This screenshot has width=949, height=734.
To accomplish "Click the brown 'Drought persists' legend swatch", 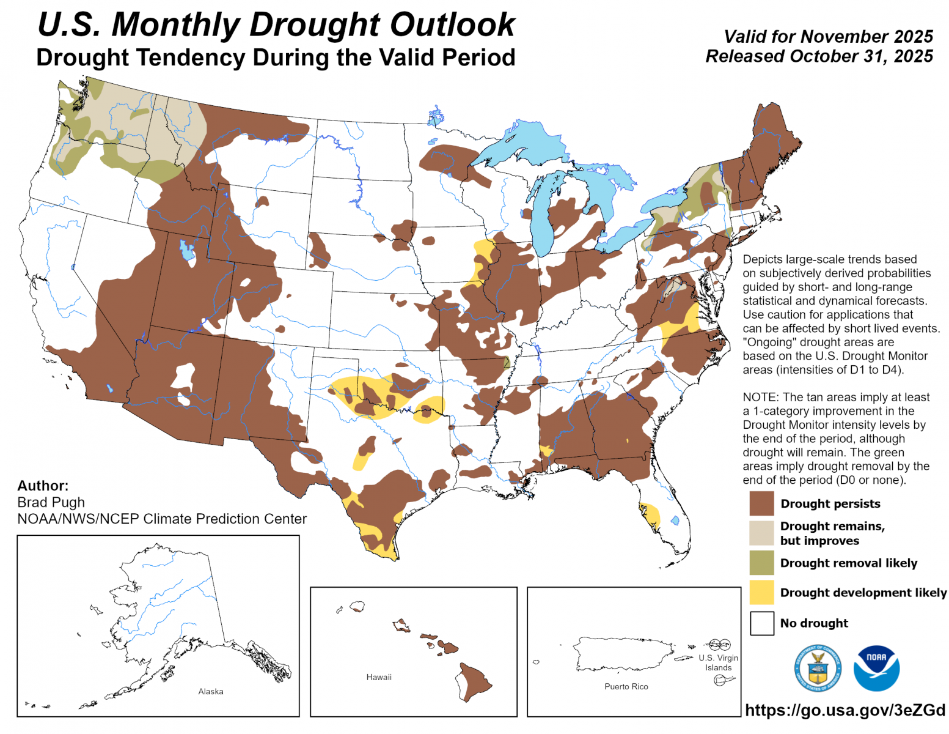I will point(761,503).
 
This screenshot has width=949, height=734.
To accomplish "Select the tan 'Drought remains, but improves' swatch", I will point(761,533).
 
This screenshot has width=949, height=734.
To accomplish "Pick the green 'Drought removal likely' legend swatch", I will point(761,563).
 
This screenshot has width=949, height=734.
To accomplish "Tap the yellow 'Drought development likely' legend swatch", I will point(761,592).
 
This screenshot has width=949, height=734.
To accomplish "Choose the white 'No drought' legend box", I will point(761,623).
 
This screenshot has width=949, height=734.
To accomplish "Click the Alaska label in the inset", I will point(211,691).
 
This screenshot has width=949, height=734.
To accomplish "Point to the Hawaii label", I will point(379,677).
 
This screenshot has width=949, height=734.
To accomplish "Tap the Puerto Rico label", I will point(626,686).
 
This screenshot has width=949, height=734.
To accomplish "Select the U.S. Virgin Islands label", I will point(719,662).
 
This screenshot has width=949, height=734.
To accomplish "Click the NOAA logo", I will point(877,668).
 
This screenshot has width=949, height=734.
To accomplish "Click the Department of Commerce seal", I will point(818,668).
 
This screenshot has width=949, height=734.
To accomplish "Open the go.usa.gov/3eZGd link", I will point(845,710).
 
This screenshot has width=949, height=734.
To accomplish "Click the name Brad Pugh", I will point(51,502).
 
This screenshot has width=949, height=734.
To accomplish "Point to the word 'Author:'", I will point(43,486).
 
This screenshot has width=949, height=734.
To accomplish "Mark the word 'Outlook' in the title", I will point(452,25).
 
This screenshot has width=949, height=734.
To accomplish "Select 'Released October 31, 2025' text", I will point(819,56).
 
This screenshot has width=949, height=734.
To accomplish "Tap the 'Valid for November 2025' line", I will point(828,37).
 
